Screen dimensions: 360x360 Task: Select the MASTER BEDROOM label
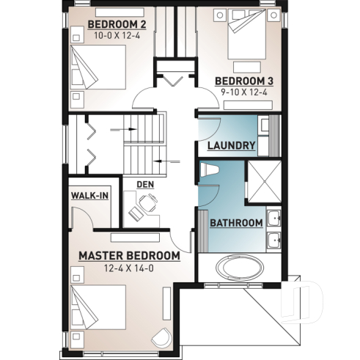[x=129, y=255]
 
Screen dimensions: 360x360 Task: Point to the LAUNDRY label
[x=231, y=145]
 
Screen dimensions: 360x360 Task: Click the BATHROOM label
[x=236, y=222]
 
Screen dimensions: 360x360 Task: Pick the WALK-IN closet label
[x=89, y=196]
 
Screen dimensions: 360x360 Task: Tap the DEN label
[x=144, y=184]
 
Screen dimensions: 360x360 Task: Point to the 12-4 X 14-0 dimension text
[x=129, y=268]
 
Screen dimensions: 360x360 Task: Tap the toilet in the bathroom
[x=210, y=170]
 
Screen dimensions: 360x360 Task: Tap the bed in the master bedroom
[x=98, y=306]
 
